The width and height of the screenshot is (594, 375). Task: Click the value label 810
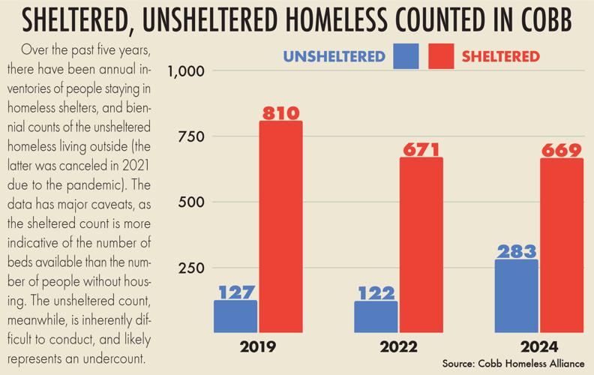click(280, 113)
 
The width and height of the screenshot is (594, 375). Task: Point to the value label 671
click(421, 149)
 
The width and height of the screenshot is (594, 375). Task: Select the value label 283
click(516, 251)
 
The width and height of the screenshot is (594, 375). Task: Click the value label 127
click(235, 292)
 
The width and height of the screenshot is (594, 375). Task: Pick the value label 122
click(376, 292)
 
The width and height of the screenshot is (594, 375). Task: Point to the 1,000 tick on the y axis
click(186, 71)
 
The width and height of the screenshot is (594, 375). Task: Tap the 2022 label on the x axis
click(398, 347)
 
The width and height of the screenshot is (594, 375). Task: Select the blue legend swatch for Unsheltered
click(406, 56)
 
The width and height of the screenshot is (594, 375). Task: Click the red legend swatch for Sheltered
click(441, 56)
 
